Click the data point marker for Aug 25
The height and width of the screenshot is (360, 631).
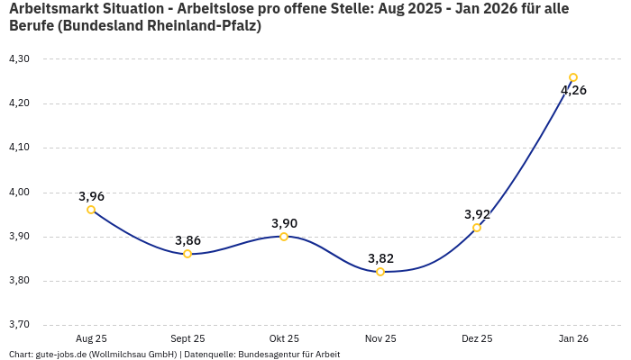pyautogui.click(x=91, y=210)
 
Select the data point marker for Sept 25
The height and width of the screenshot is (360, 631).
pyautogui.click(x=187, y=254)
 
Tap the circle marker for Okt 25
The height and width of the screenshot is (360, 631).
pyautogui.click(x=284, y=237)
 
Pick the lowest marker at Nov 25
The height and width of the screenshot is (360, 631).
pyautogui.click(x=380, y=272)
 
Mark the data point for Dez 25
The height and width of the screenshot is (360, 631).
pyautogui.click(x=477, y=228)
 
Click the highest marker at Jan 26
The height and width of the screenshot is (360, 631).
pyautogui.click(x=573, y=77)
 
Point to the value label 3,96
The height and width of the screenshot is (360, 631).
pyautogui.click(x=91, y=196)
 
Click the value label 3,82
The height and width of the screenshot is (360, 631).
pyautogui.click(x=380, y=258)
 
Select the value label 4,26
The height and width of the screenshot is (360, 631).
pyautogui.click(x=573, y=90)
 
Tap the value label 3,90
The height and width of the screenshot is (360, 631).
pyautogui.click(x=284, y=223)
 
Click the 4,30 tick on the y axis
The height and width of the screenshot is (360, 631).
pyautogui.click(x=19, y=59)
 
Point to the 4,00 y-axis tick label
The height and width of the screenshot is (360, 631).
pyautogui.click(x=19, y=193)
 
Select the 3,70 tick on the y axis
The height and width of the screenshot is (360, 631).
pyautogui.click(x=19, y=325)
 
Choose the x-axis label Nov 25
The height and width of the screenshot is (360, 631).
pyautogui.click(x=380, y=338)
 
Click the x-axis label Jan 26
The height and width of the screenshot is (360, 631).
pyautogui.click(x=573, y=338)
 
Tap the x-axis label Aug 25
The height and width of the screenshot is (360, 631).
pyautogui.click(x=91, y=338)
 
